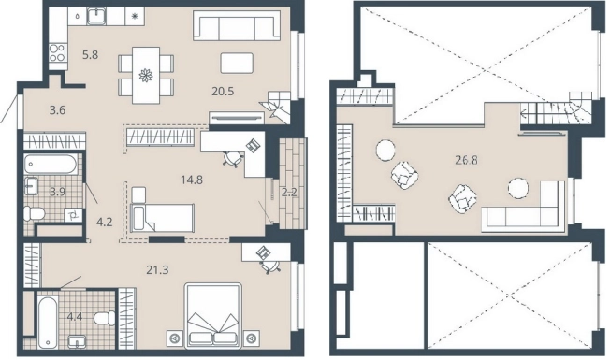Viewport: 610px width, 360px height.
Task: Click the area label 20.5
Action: [x=223, y=92]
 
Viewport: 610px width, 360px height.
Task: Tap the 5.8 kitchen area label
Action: [x=90, y=55]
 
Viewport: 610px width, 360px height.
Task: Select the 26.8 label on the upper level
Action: [x=467, y=159]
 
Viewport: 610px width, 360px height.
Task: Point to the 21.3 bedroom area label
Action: [x=157, y=269]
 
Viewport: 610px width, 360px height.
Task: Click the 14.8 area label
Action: [x=192, y=180]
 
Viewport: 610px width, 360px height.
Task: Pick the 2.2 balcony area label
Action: [x=289, y=192]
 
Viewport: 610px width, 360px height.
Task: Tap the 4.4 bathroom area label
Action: [x=75, y=317]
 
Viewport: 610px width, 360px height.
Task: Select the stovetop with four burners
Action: [x=57, y=53]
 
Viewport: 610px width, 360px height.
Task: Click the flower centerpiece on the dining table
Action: [x=146, y=75]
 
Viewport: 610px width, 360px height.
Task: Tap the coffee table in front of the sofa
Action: [x=237, y=63]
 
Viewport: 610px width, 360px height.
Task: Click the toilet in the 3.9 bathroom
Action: [x=35, y=213]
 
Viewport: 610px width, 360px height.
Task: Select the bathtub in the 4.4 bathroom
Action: [x=48, y=322]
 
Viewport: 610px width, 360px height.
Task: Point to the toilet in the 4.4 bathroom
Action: [x=105, y=318]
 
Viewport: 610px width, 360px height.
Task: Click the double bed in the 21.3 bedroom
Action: [x=212, y=315]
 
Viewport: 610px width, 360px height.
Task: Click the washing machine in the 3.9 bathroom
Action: [x=73, y=214]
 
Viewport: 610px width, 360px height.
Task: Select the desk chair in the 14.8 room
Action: [x=234, y=158]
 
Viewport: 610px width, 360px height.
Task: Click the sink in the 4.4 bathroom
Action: [x=78, y=342]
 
